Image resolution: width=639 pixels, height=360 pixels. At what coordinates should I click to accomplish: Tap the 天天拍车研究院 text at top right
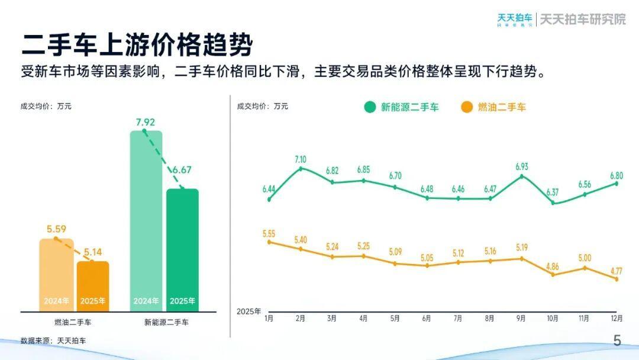pyautogui.click(x=583, y=19)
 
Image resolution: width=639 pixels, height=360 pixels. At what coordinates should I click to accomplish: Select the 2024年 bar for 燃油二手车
pyautogui.click(x=56, y=275)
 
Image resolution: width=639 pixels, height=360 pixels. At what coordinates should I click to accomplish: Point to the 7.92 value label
pyautogui.click(x=145, y=123)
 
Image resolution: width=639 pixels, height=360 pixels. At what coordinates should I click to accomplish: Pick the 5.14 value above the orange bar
pyautogui.click(x=93, y=253)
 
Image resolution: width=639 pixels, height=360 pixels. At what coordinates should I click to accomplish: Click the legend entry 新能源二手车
pyautogui.click(x=402, y=107)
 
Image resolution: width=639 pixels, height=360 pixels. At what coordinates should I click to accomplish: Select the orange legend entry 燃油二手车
pyautogui.click(x=493, y=107)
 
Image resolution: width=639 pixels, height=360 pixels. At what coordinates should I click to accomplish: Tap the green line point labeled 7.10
pyautogui.click(x=301, y=169)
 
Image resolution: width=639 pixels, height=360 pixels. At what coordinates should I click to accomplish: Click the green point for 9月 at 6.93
pyautogui.click(x=521, y=176)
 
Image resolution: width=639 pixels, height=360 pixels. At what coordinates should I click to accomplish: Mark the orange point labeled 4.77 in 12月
pyautogui.click(x=616, y=279)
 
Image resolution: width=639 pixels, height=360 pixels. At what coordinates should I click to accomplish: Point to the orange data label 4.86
pyautogui.click(x=553, y=266)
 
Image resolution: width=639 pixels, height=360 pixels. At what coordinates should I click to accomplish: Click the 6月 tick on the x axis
pyautogui.click(x=427, y=319)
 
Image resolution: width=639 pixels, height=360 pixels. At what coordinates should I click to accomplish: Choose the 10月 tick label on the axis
pyautogui.click(x=553, y=319)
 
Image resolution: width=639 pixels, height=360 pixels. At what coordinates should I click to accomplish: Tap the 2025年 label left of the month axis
pyautogui.click(x=248, y=311)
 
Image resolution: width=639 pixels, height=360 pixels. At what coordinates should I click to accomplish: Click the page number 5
pyautogui.click(x=617, y=340)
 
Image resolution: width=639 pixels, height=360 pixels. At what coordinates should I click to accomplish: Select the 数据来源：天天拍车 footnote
pyautogui.click(x=53, y=340)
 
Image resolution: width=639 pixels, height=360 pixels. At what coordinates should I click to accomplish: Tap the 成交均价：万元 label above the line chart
pyautogui.click(x=262, y=107)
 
